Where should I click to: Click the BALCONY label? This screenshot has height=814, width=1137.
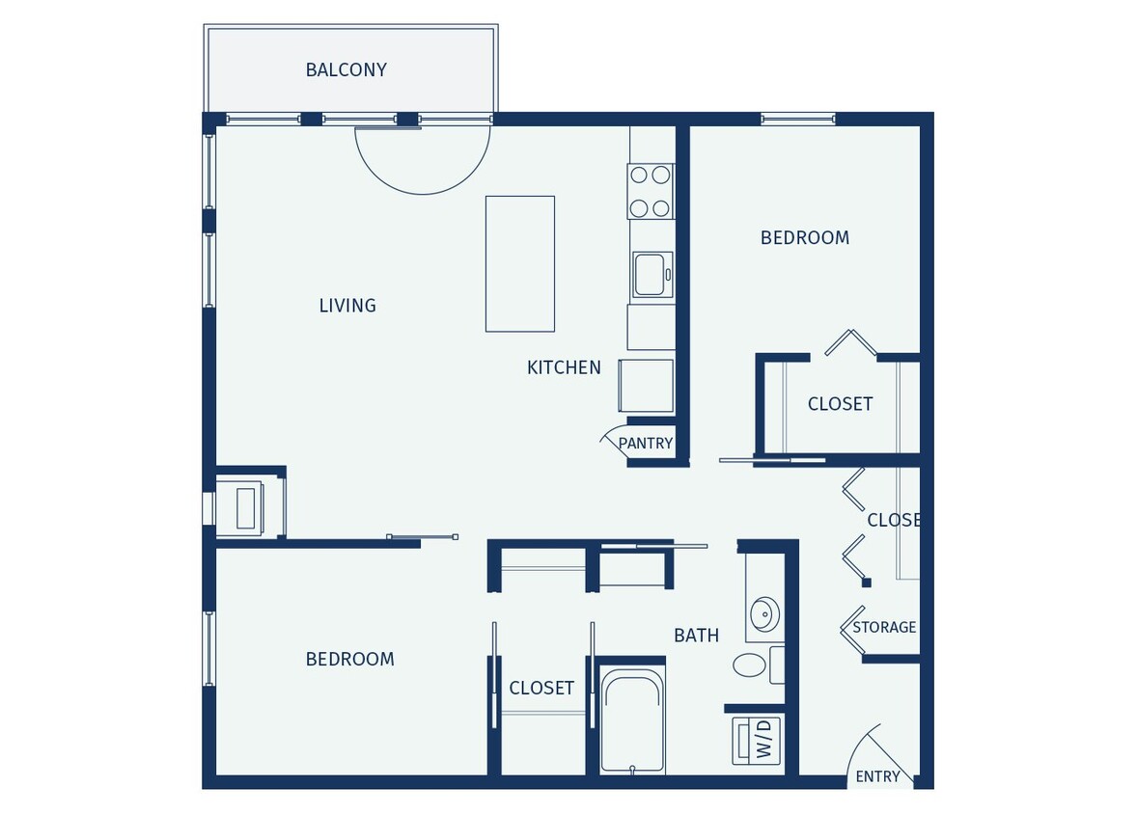[x=346, y=69]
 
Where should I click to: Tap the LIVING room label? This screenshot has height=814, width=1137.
[x=347, y=306]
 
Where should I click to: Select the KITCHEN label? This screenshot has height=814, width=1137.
[x=564, y=367]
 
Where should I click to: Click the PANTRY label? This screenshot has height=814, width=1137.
[x=645, y=444]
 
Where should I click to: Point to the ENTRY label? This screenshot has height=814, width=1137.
[x=877, y=776]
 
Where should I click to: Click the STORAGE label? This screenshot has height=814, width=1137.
[x=884, y=628]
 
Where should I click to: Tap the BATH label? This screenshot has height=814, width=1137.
[x=696, y=636]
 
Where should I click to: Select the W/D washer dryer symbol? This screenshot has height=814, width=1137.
[x=757, y=741]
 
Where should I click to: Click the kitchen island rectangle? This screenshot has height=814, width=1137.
[x=519, y=263]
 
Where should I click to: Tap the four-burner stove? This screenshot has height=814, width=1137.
[x=651, y=191]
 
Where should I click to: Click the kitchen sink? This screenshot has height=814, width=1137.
[x=651, y=274]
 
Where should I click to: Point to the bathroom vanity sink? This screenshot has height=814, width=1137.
[x=763, y=612]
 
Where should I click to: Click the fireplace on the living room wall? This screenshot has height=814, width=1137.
[x=245, y=507]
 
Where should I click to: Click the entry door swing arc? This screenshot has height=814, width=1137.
[x=874, y=752]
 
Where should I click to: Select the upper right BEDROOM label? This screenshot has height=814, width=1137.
[x=804, y=237]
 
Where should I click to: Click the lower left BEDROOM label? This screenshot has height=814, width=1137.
[x=349, y=659]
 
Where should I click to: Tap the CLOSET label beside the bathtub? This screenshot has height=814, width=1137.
[x=541, y=688]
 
